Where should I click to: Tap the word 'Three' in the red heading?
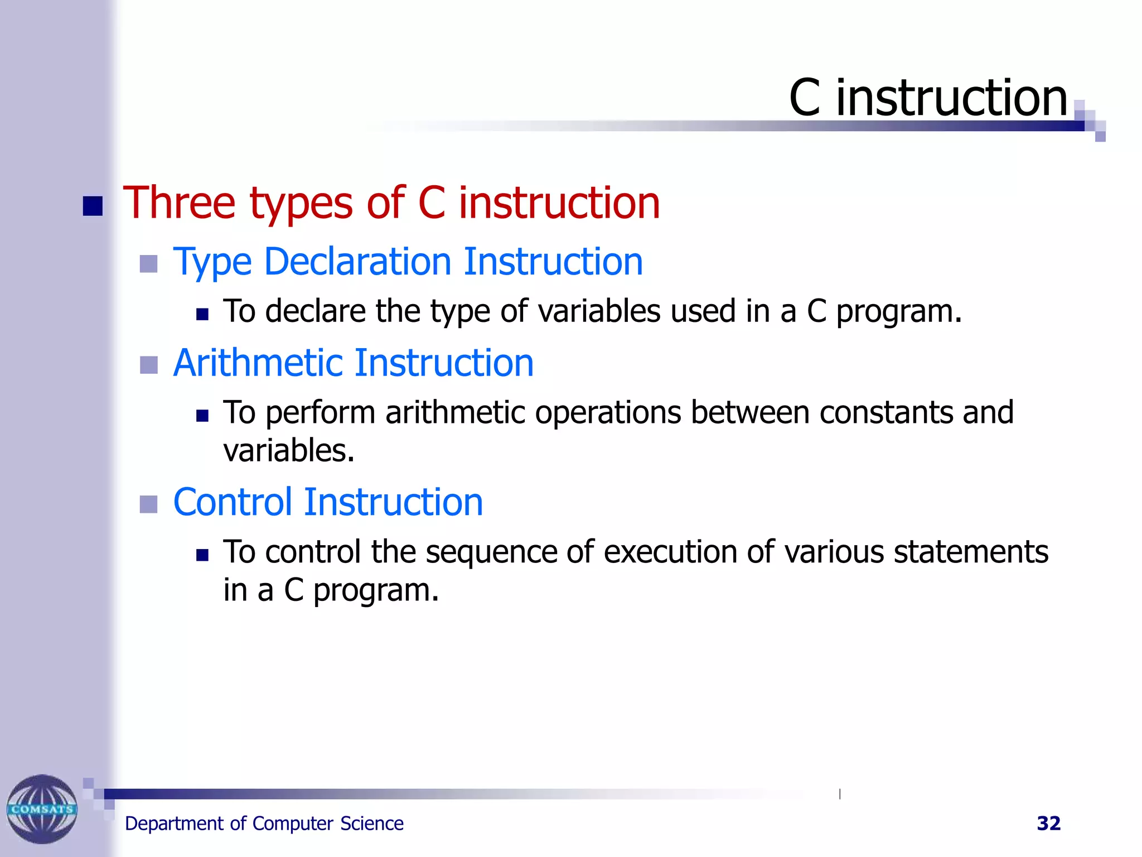179,203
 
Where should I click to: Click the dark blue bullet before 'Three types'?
93,206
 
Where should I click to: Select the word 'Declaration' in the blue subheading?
357,262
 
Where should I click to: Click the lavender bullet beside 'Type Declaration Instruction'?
148,264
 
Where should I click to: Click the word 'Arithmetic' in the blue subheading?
258,363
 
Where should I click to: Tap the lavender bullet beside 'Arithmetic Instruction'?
148,365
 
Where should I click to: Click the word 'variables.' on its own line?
289,451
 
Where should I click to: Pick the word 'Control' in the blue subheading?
233,502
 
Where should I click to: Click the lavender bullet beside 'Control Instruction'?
148,504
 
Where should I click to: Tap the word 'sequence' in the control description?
491,552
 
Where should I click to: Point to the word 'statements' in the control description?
971,552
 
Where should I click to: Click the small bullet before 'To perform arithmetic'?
202,416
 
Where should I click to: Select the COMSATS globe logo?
42,808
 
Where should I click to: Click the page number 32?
1048,824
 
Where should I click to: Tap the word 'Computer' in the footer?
293,824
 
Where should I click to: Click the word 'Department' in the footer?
174,824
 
